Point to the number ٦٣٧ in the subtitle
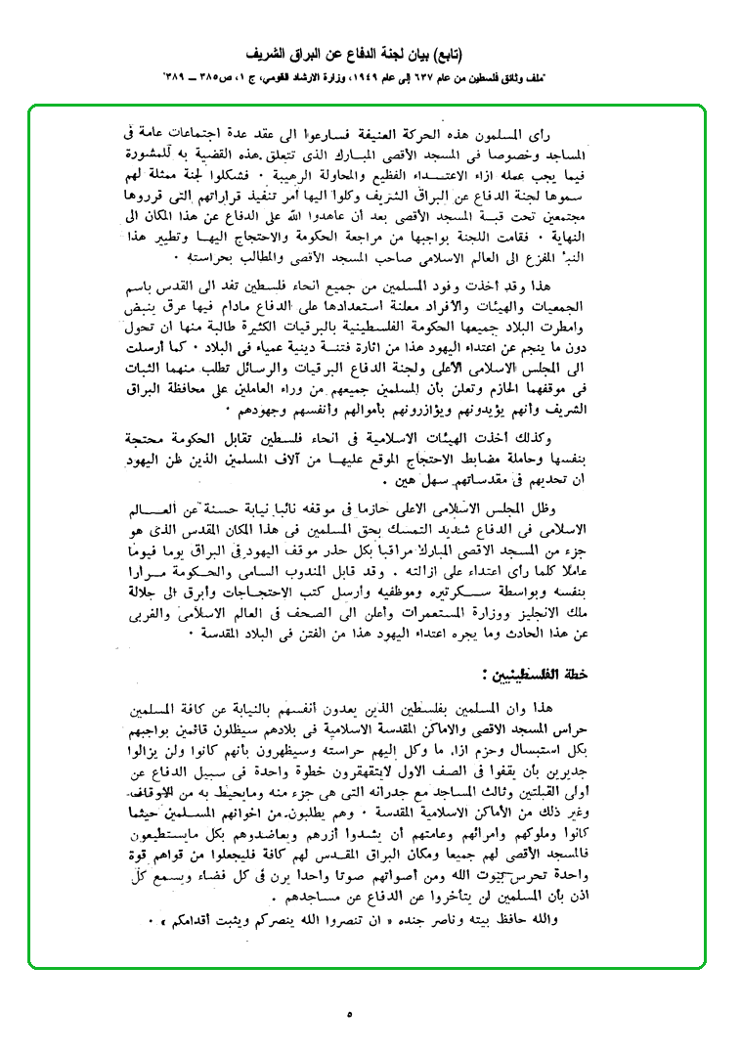click(x=446, y=74)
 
